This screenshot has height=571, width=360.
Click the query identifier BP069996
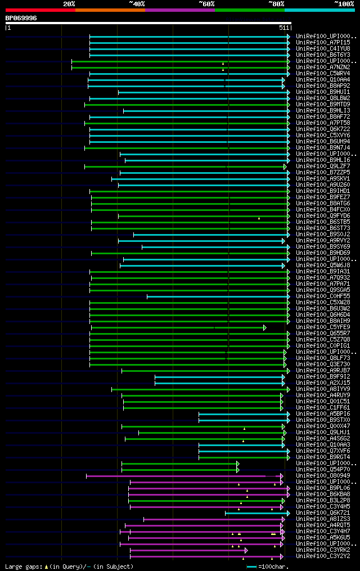pos(21,18)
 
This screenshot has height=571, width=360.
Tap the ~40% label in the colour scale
pos(137,4)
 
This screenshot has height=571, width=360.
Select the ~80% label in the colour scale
pos(276,4)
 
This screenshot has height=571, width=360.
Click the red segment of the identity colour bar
pos(40,10)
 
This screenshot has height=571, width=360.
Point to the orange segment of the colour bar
pos(110,10)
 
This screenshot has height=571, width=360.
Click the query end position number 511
pos(283,27)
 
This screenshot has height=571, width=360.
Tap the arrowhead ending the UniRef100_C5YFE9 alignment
pos(265,327)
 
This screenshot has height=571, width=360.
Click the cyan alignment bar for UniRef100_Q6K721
pos(256,512)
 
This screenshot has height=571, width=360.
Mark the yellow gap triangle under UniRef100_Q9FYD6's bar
pos(259,218)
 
